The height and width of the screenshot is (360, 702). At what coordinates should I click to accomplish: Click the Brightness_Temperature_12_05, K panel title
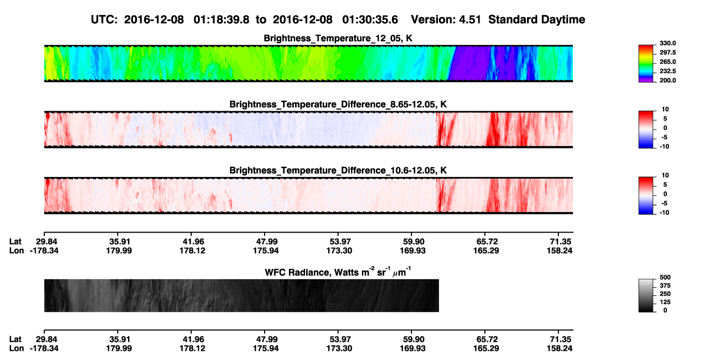[x=338, y=38]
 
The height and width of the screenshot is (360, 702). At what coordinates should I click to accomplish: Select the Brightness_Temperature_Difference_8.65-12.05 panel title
[x=338, y=104]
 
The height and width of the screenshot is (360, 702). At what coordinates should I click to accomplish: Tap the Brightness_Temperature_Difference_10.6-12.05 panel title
[x=338, y=171]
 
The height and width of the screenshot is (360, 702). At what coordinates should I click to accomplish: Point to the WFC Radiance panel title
[x=337, y=272]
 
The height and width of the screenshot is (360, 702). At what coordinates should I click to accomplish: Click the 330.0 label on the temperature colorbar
[x=667, y=43]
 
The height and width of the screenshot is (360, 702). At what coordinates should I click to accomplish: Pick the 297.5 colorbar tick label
[x=667, y=52]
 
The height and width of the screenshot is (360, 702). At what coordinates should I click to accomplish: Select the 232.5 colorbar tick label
[x=667, y=71]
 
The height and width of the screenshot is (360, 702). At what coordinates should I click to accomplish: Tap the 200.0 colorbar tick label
[x=667, y=80]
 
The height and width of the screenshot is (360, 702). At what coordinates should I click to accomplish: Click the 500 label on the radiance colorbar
[x=665, y=277]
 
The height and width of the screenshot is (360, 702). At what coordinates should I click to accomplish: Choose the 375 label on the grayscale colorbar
[x=665, y=286]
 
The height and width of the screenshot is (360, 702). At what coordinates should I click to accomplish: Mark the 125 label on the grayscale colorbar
[x=665, y=302]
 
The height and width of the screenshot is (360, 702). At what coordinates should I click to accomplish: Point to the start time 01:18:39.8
[x=221, y=20]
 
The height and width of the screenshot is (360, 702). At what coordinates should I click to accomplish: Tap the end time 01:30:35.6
[x=370, y=20]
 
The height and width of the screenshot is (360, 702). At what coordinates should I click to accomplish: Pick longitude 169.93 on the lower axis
[x=413, y=349]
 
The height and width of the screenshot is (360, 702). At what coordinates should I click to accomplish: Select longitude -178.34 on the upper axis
[x=44, y=250]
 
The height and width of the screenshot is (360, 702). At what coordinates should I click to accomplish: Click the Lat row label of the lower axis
[x=15, y=339]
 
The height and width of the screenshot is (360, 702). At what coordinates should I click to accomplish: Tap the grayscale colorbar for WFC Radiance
[x=646, y=295]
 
